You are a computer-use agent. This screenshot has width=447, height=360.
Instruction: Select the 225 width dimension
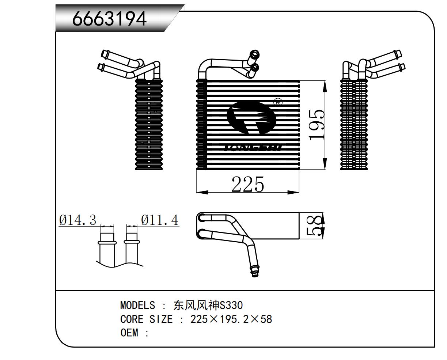click(x=247, y=184)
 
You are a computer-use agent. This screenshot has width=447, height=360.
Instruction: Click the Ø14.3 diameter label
click(x=77, y=220)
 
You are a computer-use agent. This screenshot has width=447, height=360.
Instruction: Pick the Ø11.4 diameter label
click(x=160, y=220)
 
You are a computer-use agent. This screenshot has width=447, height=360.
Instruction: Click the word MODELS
click(x=137, y=305)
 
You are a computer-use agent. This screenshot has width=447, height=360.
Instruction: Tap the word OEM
click(x=129, y=333)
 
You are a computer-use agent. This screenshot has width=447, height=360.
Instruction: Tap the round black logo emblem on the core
click(x=251, y=117)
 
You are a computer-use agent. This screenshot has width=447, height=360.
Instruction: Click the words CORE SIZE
click(x=146, y=319)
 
